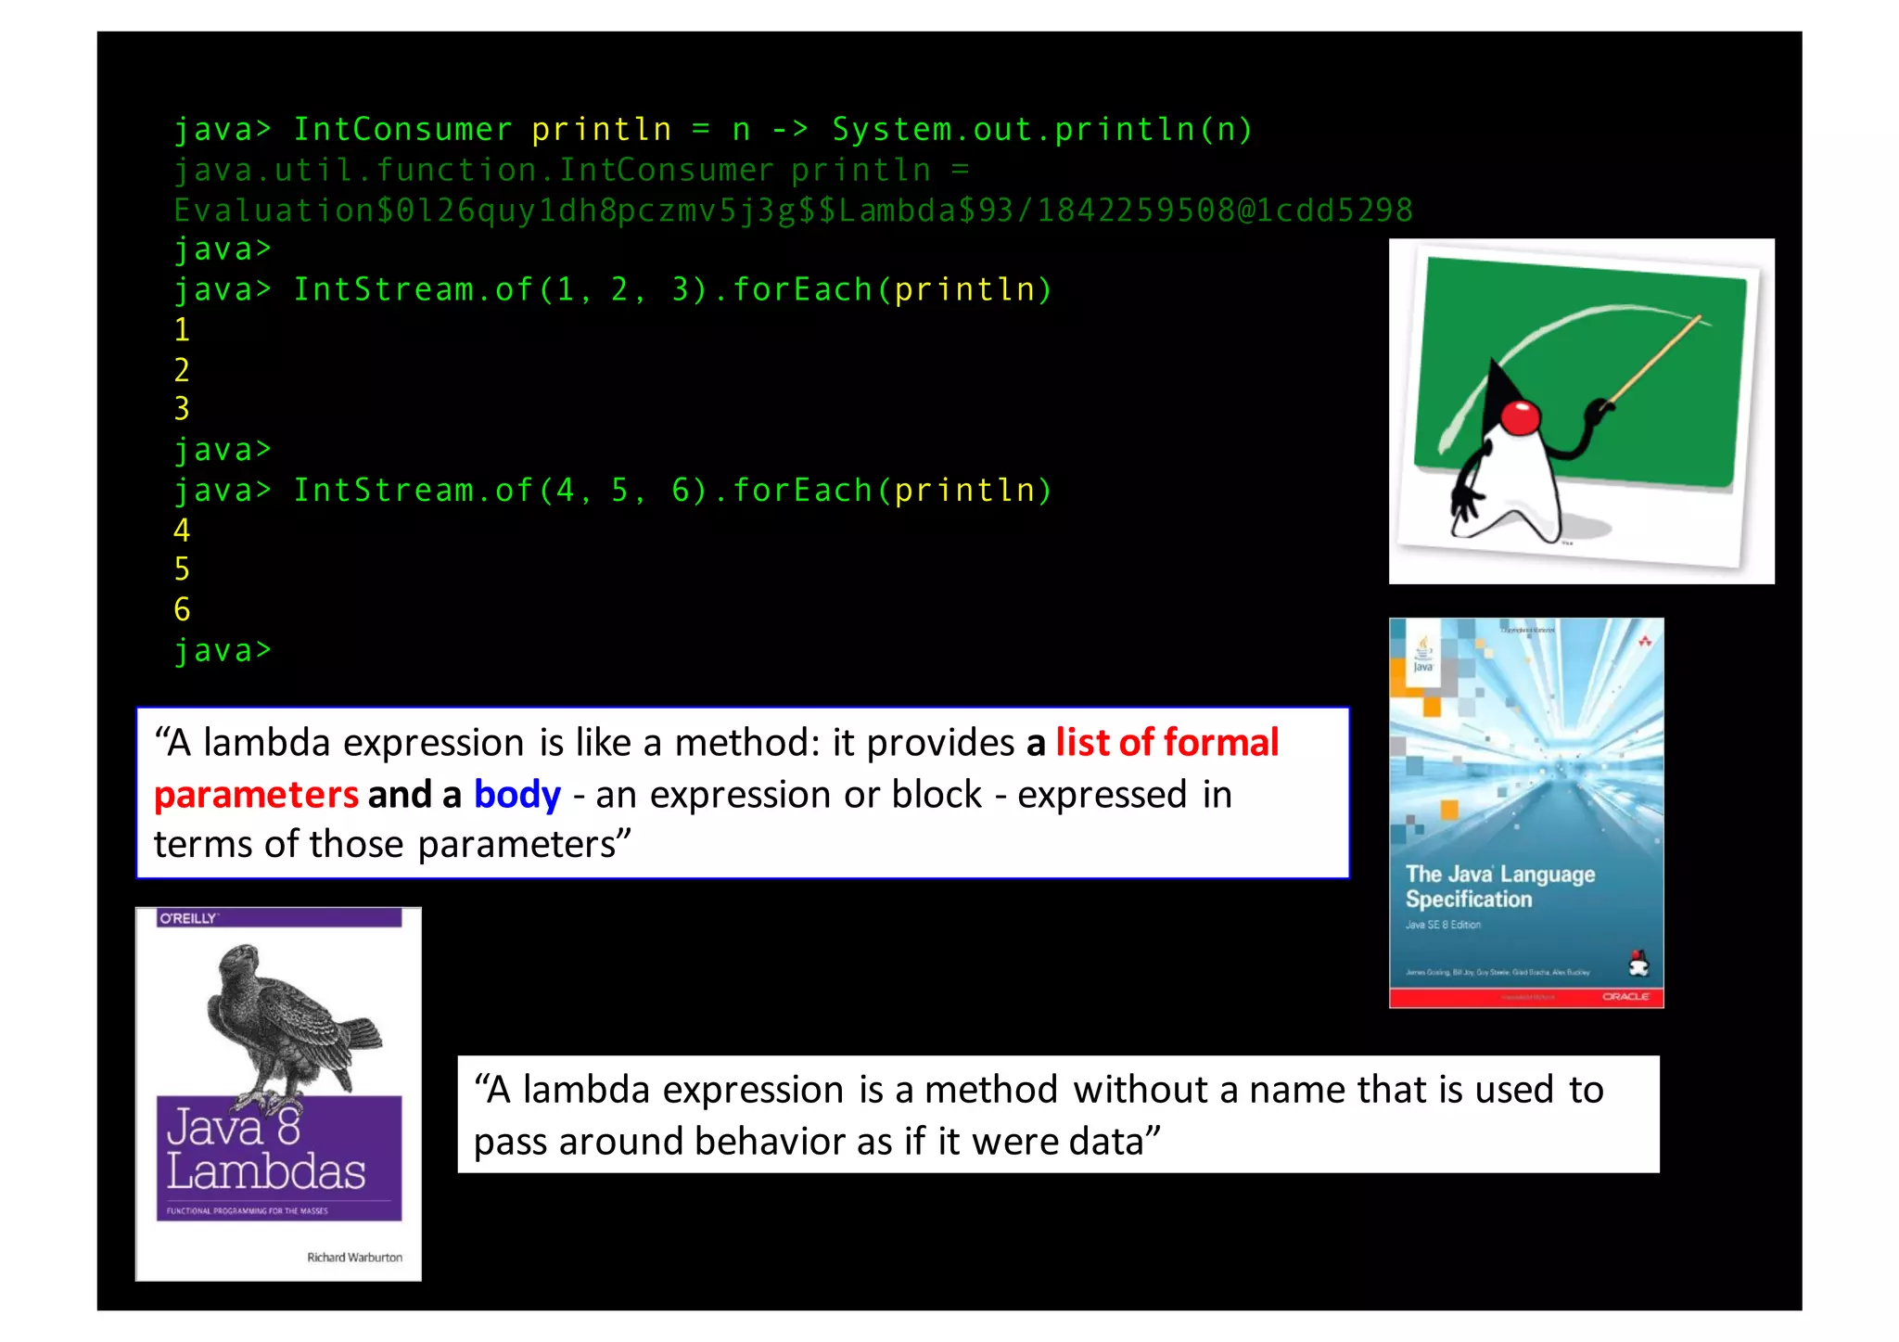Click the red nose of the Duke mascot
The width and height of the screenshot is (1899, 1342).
pos(1520,417)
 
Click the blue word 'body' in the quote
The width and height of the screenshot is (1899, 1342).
pos(516,795)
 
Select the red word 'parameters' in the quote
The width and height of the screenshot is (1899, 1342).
pos(256,795)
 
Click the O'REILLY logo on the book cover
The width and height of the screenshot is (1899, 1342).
pos(188,918)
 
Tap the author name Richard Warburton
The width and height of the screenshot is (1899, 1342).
pos(354,1258)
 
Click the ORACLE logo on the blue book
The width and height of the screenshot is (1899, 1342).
pos(1625,996)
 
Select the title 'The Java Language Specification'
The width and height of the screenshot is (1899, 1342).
pos(1499,887)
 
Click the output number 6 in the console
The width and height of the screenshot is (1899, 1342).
pos(182,609)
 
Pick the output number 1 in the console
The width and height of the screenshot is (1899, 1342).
pos(182,329)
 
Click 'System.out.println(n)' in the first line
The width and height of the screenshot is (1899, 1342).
pos(1041,130)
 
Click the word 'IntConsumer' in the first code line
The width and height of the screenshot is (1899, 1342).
pos(402,130)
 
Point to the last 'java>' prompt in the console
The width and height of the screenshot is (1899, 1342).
pos(223,650)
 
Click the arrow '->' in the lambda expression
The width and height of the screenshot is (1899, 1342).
pos(790,130)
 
